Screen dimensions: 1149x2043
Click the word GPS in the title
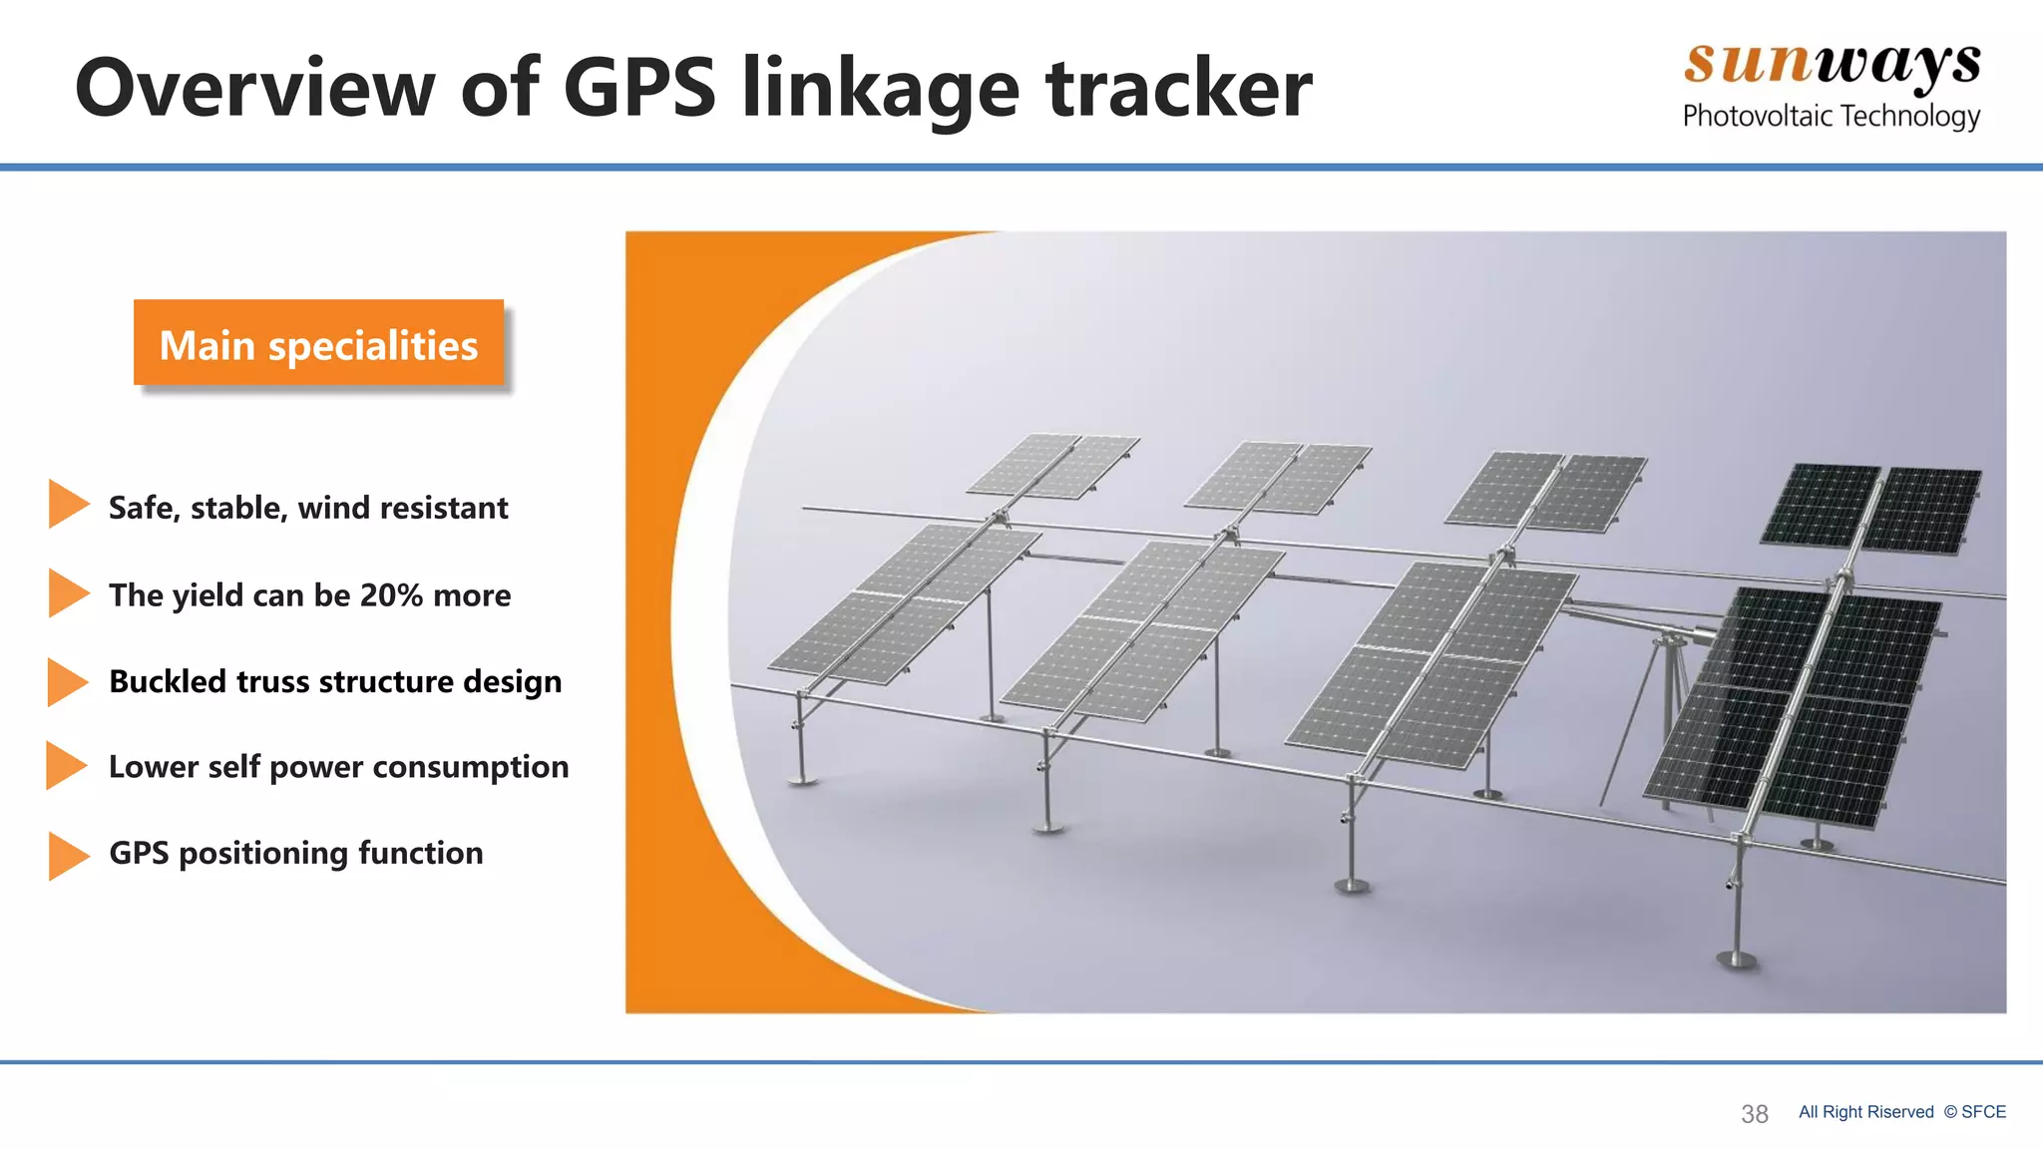(638, 88)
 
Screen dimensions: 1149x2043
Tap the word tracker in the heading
(1178, 88)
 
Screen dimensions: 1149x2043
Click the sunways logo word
(1832, 64)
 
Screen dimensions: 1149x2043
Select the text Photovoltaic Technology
(1831, 116)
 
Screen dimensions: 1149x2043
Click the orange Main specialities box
(318, 342)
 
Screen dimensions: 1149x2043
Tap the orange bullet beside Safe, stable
(67, 504)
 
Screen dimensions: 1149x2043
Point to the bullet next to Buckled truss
(67, 682)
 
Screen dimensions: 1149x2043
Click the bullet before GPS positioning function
(67, 856)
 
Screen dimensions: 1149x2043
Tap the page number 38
(1754, 1114)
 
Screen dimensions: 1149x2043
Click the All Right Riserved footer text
(1865, 1112)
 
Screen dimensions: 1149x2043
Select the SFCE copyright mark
(1974, 1112)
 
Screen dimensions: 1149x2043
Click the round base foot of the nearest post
(1736, 960)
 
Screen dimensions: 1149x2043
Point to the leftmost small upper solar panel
(1052, 465)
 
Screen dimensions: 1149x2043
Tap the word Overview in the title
(254, 88)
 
